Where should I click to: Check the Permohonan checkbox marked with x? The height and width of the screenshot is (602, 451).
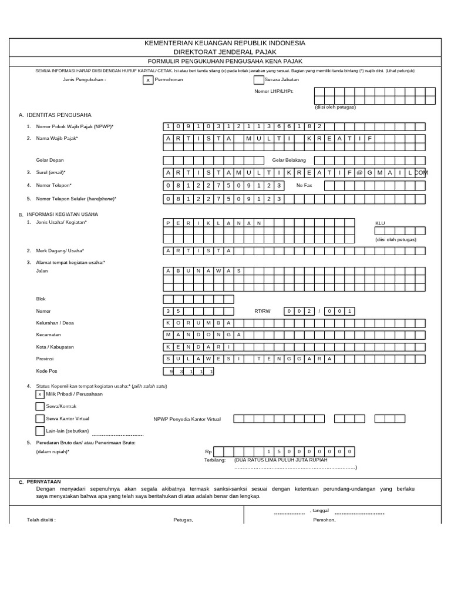(x=148, y=80)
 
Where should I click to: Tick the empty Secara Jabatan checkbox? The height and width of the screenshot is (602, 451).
(x=258, y=80)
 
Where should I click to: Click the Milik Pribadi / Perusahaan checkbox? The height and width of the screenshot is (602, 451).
(x=40, y=394)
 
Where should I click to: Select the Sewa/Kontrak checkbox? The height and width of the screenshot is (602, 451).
(x=40, y=406)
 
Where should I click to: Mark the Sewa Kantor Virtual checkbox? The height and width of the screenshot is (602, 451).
(x=40, y=419)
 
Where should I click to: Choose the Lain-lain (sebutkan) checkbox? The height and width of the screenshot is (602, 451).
(x=40, y=431)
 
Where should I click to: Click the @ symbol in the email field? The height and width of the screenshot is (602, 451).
(x=360, y=172)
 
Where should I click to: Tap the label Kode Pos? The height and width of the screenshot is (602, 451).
(x=46, y=371)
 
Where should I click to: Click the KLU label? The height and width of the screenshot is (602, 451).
(x=381, y=223)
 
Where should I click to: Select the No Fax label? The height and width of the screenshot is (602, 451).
(x=304, y=185)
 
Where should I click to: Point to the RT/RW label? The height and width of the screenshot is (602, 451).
(x=262, y=311)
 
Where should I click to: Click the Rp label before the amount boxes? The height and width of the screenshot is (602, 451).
(x=208, y=451)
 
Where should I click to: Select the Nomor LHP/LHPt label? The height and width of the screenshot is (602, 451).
(x=274, y=91)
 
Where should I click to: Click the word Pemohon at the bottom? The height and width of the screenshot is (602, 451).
(x=324, y=520)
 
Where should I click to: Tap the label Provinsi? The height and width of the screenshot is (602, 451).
(x=45, y=359)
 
